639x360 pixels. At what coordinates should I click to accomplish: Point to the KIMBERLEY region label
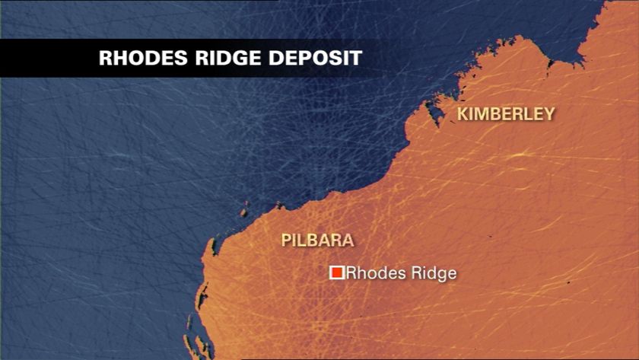click(x=505, y=114)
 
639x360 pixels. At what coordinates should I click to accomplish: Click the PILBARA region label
click(x=317, y=241)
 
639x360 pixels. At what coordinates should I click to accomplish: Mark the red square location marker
click(x=336, y=272)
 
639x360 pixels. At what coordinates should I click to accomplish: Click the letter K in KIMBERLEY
click(x=461, y=114)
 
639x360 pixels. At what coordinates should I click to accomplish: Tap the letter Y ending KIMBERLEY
click(x=548, y=114)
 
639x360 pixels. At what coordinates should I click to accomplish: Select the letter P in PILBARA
click(x=286, y=241)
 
